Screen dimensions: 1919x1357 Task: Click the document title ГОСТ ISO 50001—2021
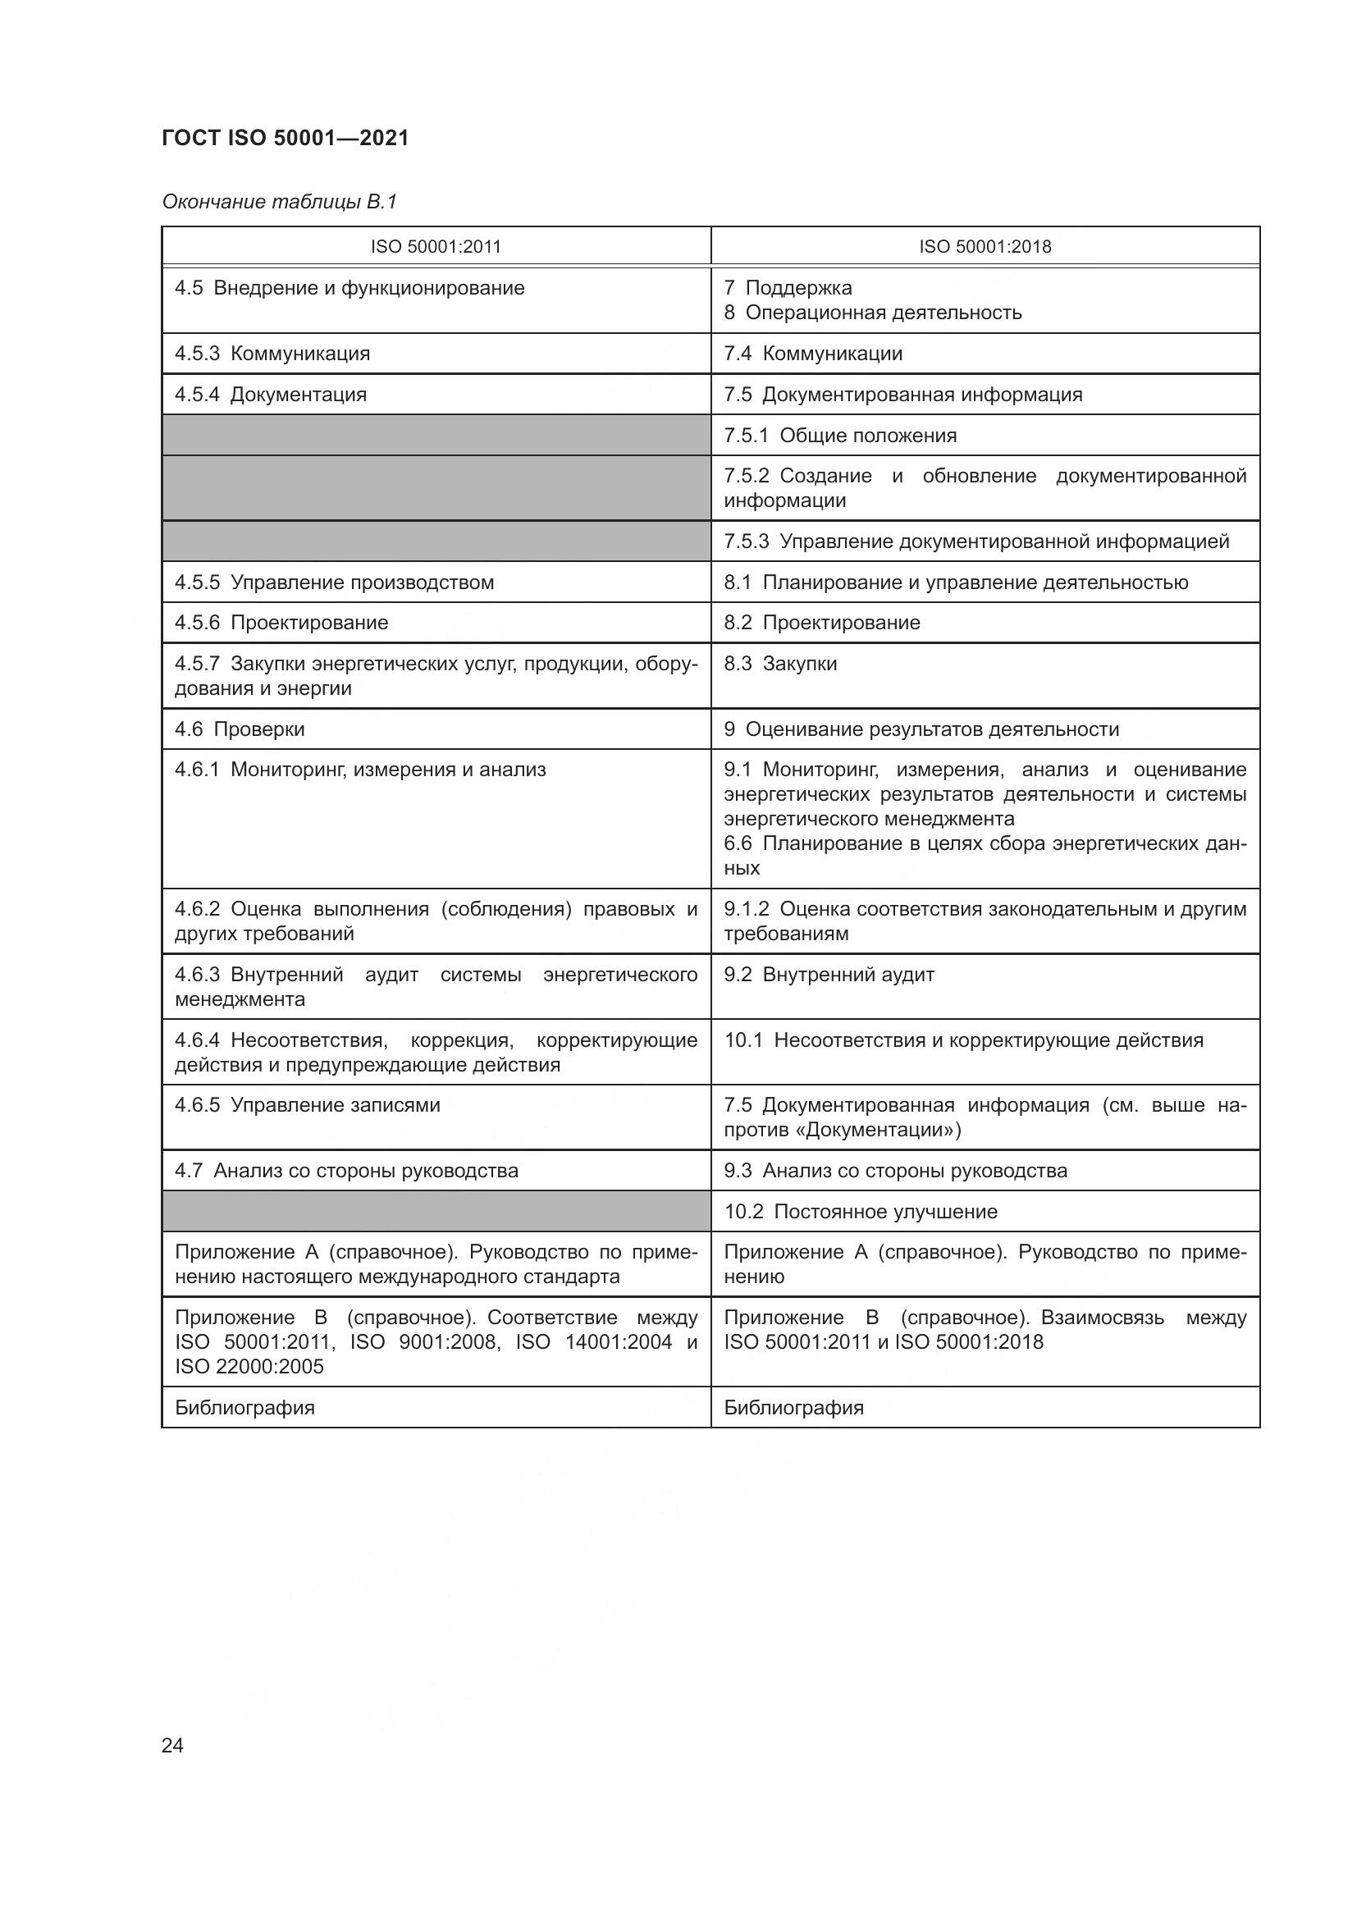coord(285,138)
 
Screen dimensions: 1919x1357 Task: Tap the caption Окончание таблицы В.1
coord(279,202)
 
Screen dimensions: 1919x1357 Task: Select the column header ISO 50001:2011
coord(436,247)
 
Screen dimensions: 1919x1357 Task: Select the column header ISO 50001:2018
coord(985,247)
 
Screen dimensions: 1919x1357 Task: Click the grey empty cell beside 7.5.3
coord(436,541)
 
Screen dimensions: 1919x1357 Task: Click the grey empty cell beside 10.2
coord(436,1211)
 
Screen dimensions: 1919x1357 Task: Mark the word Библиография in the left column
coord(244,1408)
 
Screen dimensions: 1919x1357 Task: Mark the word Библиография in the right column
coord(793,1408)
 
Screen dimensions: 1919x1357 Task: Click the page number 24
coord(172,1745)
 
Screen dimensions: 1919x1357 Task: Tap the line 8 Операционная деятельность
coord(872,313)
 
